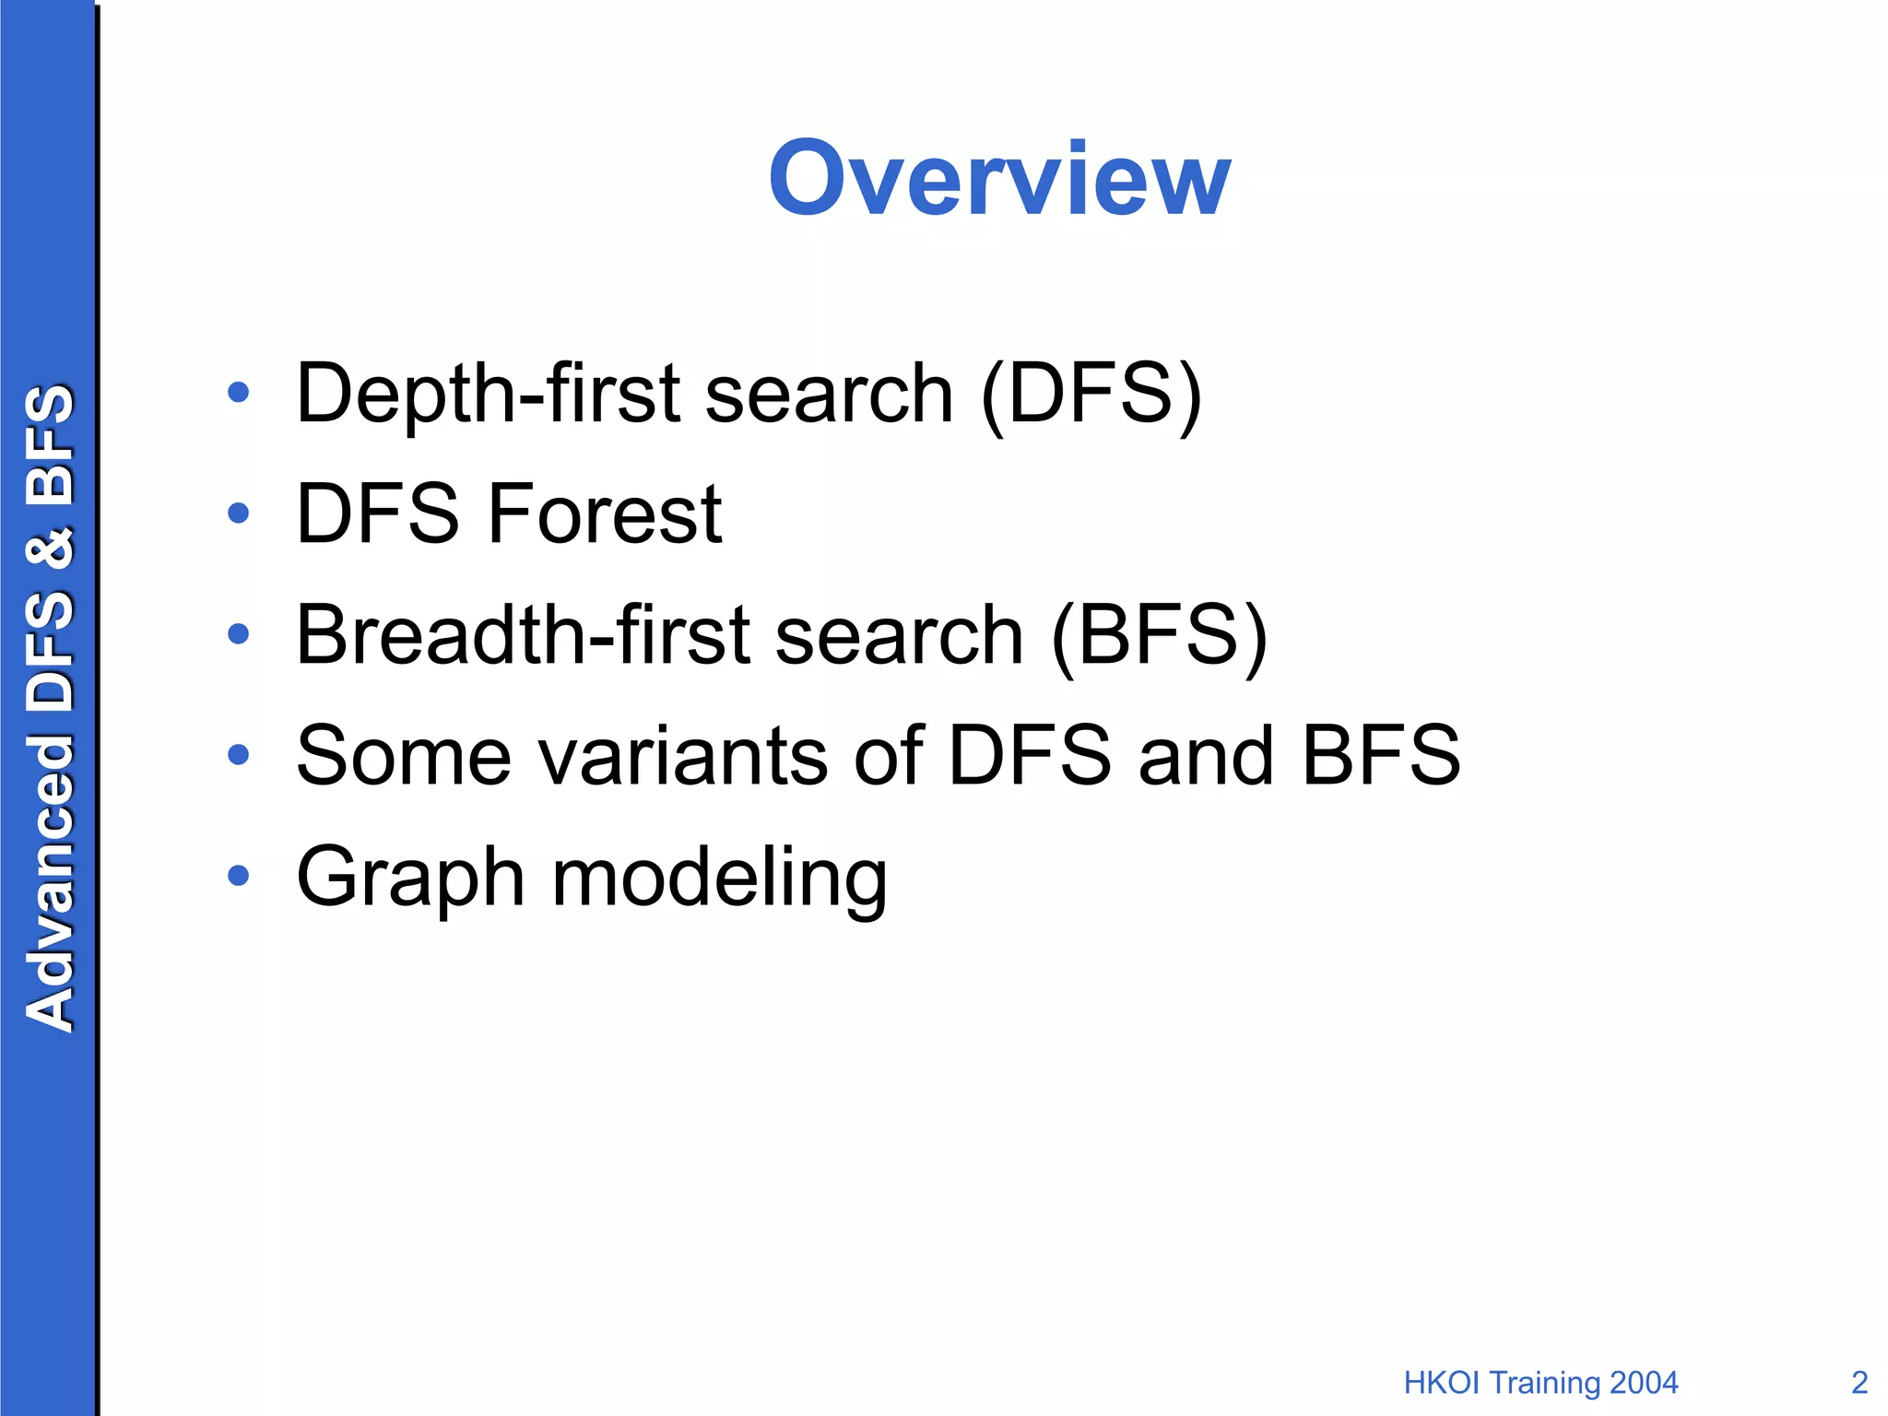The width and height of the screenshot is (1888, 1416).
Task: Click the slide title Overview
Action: click(999, 179)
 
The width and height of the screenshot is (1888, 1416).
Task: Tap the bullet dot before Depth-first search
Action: click(239, 393)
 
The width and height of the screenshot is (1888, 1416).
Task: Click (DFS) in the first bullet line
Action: click(1091, 395)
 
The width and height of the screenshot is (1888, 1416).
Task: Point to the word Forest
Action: click(605, 513)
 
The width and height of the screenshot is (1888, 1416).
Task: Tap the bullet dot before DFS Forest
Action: click(239, 513)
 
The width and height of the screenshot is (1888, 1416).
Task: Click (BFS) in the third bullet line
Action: click(1159, 637)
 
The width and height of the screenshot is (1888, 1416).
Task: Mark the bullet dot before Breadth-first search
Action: click(239, 633)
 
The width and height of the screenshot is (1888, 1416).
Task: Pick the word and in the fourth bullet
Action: click(1206, 756)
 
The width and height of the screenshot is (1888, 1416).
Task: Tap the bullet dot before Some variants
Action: click(239, 755)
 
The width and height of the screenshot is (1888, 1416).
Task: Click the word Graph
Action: click(411, 879)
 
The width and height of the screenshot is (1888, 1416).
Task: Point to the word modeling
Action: click(719, 879)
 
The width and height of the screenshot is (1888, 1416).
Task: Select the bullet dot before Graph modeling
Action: click(239, 875)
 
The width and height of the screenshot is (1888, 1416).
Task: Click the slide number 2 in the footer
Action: click(1859, 1383)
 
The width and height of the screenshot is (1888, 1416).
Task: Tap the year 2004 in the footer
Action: click(1643, 1383)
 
